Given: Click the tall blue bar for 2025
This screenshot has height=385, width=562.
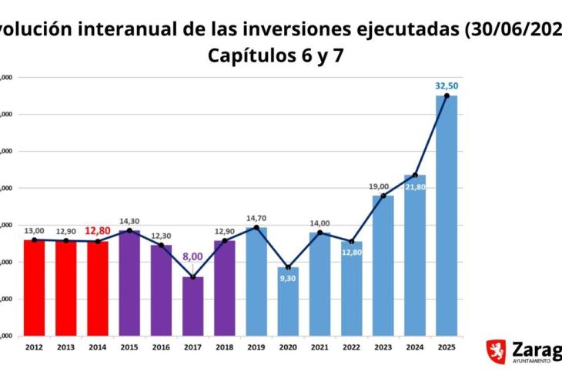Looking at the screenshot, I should click(x=447, y=216).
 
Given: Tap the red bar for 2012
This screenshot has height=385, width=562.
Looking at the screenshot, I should click(x=34, y=288).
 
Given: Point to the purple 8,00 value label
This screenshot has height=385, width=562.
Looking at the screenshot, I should click(x=192, y=256).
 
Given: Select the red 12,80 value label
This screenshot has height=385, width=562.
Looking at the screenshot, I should click(x=99, y=229).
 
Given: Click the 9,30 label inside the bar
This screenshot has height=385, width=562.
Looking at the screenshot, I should click(x=289, y=278).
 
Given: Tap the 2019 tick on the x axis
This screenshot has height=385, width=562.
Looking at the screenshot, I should click(x=256, y=348).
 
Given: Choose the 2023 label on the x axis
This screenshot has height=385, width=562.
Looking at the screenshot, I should click(x=383, y=348).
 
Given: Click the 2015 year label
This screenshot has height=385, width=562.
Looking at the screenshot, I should click(x=130, y=348).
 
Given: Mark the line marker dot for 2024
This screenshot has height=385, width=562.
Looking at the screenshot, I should click(x=415, y=176).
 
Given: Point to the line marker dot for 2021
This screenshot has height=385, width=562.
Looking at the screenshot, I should click(x=320, y=233).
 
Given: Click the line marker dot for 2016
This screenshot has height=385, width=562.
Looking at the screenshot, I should click(x=162, y=245).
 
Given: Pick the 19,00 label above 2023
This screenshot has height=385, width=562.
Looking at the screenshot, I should click(x=379, y=186).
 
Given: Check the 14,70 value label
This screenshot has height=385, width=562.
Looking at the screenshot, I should click(x=256, y=219).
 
